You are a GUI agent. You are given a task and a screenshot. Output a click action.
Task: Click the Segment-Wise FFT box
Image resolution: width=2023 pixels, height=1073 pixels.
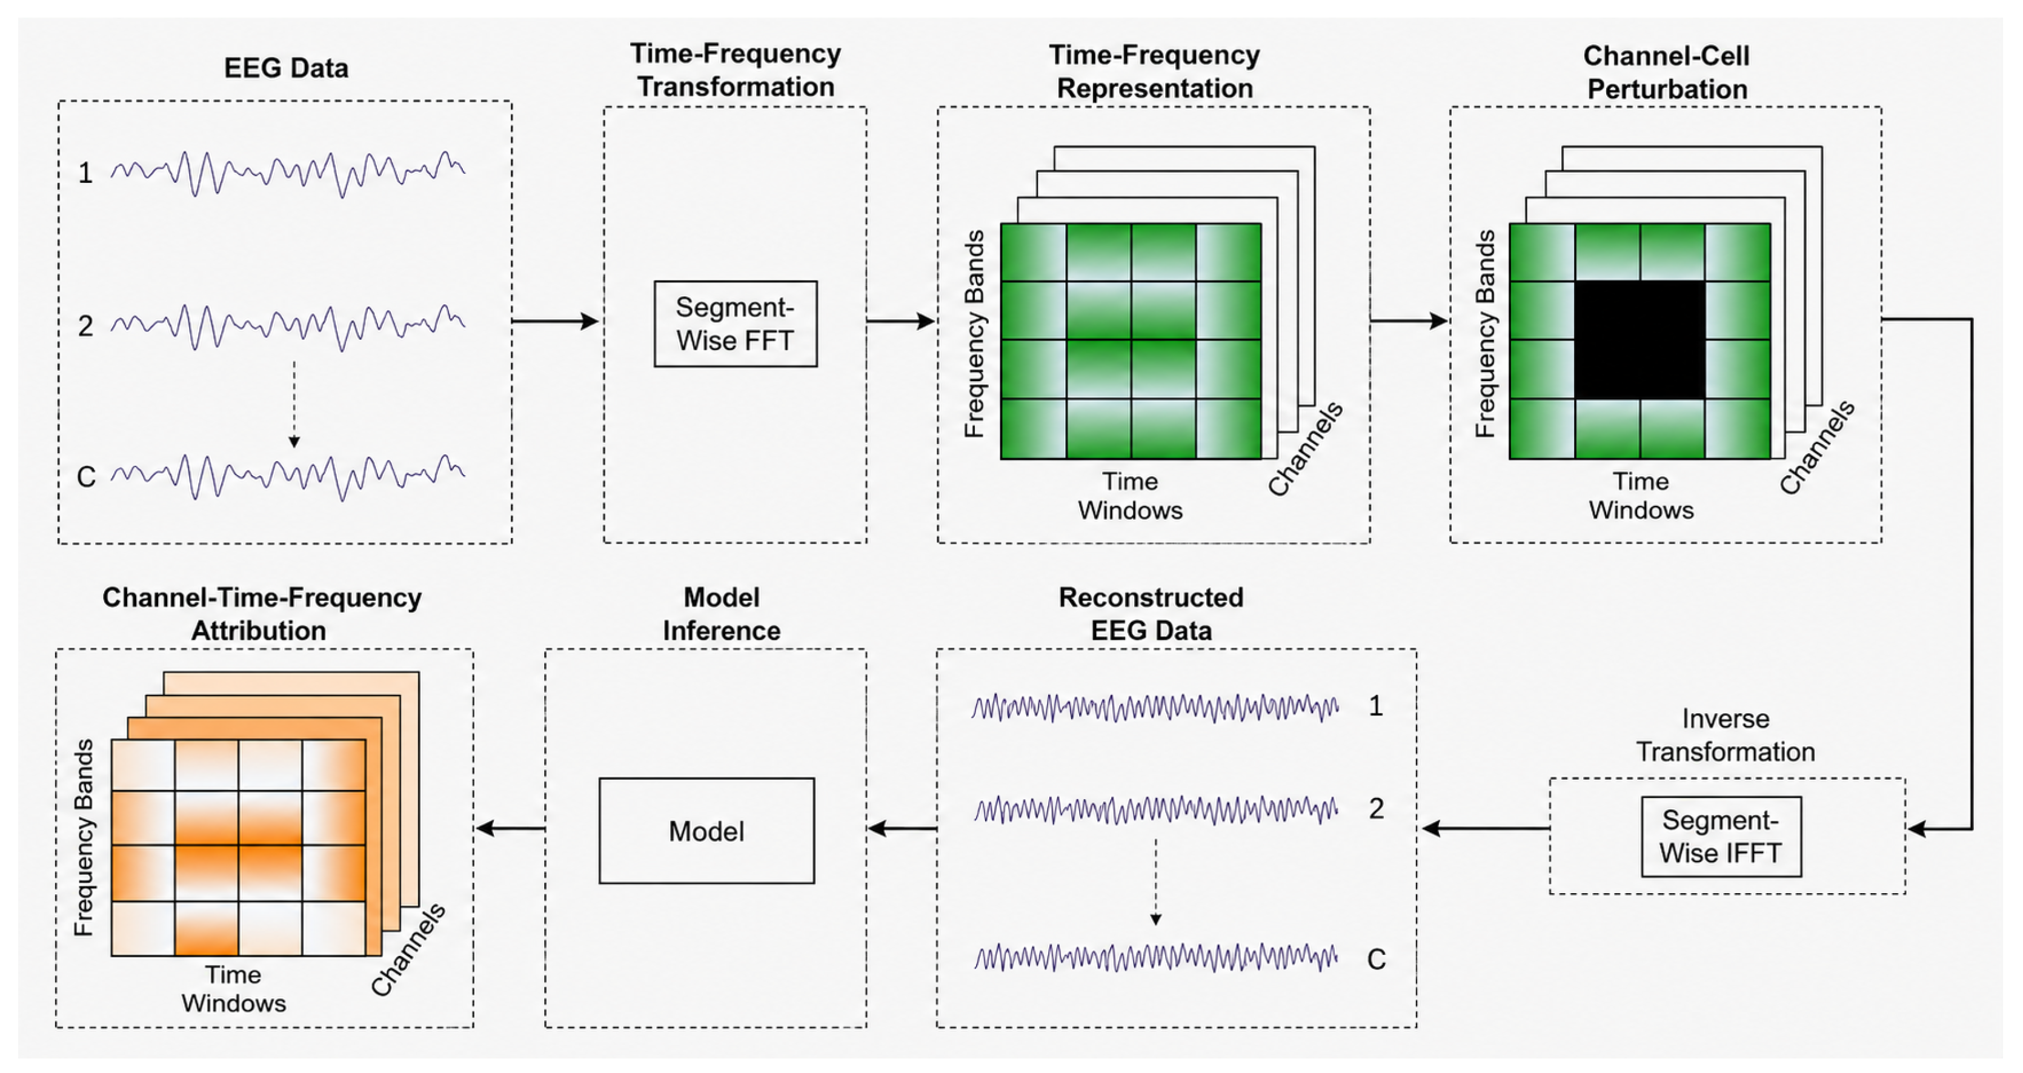point(735,324)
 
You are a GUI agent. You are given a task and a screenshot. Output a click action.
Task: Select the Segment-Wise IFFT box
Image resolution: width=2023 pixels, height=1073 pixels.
point(1721,837)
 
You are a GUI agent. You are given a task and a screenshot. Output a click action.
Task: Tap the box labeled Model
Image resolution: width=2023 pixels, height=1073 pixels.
point(706,830)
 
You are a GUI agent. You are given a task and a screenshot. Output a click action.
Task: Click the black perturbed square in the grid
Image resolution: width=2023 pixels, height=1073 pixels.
point(1639,339)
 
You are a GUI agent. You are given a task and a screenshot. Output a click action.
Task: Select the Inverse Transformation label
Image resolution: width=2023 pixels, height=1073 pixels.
point(1726,736)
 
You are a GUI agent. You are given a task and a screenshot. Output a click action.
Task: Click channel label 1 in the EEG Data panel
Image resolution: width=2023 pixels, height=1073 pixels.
point(85,173)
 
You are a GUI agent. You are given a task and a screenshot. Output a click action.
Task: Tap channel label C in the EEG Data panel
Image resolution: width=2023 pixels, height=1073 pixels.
point(85,477)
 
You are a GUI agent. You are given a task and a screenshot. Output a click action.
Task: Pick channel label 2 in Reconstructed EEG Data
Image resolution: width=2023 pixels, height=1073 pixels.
point(1376,808)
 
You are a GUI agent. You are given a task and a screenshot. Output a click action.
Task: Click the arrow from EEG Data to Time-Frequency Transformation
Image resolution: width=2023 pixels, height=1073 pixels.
point(555,321)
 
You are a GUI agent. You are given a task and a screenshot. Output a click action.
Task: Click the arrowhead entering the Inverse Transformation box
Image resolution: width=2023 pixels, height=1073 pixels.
point(1916,829)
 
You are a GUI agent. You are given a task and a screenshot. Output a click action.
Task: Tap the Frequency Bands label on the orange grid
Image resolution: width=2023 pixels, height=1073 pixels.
point(83,837)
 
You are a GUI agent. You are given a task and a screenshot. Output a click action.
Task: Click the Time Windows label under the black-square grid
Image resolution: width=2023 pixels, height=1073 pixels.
point(1641,496)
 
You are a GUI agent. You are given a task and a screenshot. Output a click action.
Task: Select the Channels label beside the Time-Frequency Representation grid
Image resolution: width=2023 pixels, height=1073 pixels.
point(1305,448)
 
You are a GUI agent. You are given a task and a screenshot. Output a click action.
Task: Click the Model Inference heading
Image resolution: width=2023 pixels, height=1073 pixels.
point(721,614)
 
